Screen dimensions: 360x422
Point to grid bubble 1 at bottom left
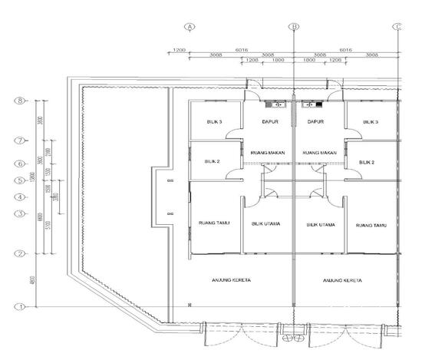[21, 306]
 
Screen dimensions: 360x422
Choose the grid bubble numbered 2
[21, 253]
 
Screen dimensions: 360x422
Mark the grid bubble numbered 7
[21, 140]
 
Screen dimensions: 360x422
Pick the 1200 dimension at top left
[179, 50]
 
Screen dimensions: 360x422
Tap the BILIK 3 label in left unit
[214, 123]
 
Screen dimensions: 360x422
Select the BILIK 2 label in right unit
[367, 163]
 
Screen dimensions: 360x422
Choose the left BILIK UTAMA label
[265, 224]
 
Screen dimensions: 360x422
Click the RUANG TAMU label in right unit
[371, 226]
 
